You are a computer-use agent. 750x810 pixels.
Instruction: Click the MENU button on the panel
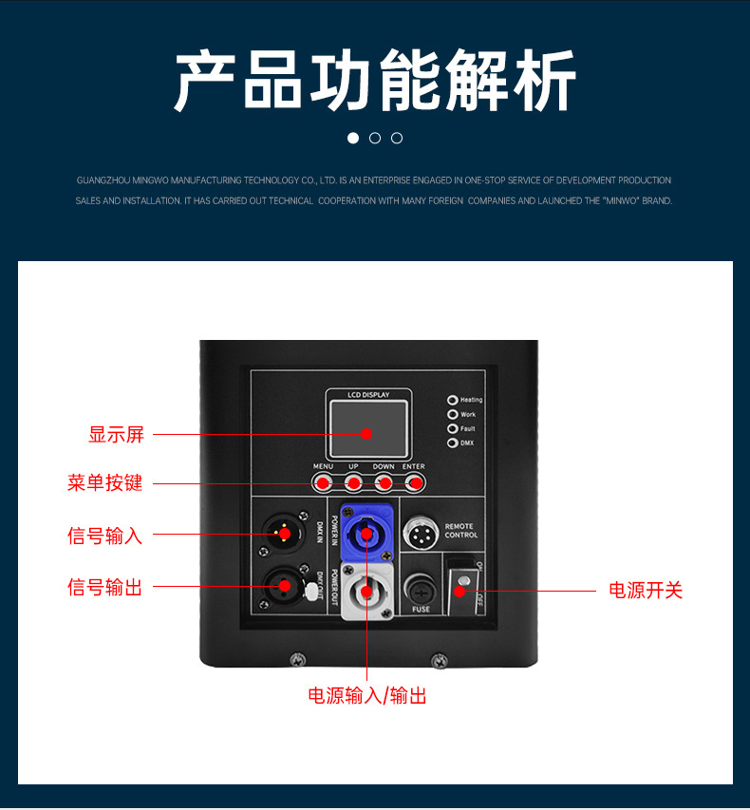[323, 483]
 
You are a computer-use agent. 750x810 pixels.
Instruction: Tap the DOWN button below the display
[384, 483]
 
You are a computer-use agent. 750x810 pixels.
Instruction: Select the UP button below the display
[353, 483]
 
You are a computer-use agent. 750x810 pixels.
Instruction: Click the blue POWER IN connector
[366, 535]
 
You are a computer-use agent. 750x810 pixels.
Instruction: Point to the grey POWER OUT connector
[366, 593]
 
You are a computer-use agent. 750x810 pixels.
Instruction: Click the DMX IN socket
[283, 535]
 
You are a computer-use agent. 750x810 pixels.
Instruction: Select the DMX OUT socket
[283, 587]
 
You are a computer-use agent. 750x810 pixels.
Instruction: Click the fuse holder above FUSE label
[421, 588]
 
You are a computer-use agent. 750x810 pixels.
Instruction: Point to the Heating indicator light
[453, 400]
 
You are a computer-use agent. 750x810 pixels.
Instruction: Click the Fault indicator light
[453, 429]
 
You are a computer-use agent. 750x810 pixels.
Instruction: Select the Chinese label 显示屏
[116, 435]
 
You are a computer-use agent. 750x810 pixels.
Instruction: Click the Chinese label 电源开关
[646, 591]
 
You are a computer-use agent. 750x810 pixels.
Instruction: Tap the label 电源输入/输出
[366, 696]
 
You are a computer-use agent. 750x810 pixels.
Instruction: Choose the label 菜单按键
[104, 483]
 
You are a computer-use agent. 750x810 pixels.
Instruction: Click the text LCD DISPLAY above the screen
[368, 394]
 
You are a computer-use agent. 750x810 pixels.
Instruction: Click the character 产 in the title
[206, 83]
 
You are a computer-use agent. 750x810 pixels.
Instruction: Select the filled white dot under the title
[353, 138]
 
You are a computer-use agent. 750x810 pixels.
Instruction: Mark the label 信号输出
[104, 588]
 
